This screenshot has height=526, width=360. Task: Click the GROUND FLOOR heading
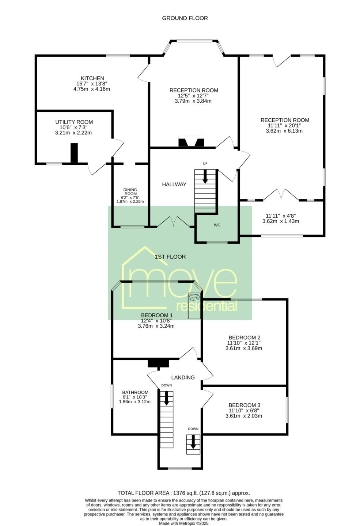click(185, 18)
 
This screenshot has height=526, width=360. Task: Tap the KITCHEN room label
click(92, 78)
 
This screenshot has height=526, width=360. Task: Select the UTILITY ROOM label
click(74, 122)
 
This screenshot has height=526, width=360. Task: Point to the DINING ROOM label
click(130, 192)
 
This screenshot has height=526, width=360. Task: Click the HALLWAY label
click(174, 184)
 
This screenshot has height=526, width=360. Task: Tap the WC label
click(217, 225)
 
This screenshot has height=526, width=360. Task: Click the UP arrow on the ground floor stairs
click(205, 176)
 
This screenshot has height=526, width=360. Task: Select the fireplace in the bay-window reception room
click(192, 142)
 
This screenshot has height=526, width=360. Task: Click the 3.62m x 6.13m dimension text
click(284, 131)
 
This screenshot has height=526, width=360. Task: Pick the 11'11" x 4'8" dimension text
click(281, 216)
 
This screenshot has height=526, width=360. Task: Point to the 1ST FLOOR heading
click(170, 257)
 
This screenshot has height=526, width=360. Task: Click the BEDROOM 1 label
click(155, 315)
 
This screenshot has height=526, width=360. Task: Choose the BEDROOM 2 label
click(245, 338)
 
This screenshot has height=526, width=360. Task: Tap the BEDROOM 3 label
click(245, 405)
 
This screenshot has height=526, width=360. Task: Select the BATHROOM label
click(135, 392)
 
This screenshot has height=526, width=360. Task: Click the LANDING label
click(183, 377)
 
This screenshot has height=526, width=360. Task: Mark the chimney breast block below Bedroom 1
click(158, 363)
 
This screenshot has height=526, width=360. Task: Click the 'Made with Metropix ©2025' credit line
click(184, 523)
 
